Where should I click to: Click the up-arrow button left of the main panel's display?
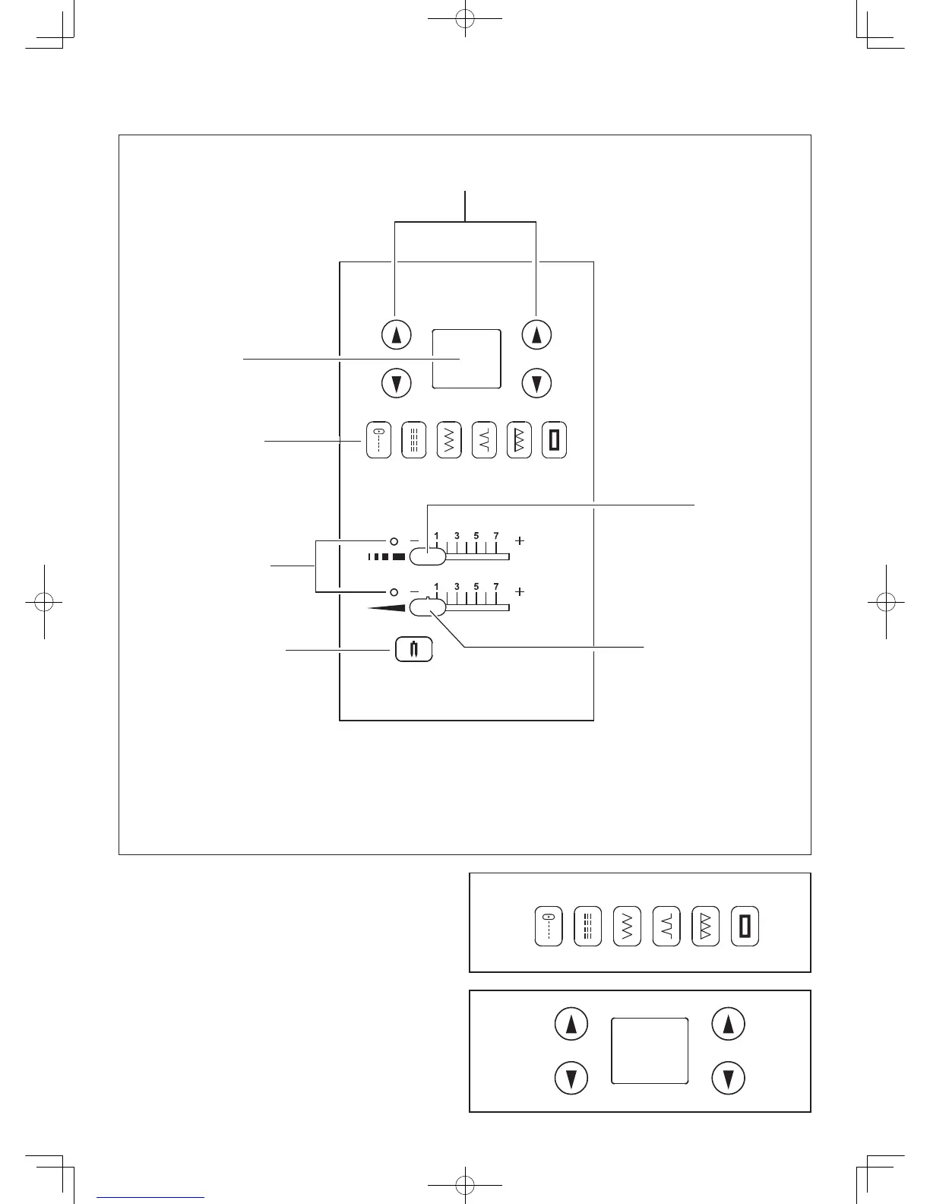396,334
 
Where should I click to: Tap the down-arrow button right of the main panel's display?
536,383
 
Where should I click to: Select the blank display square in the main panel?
467,359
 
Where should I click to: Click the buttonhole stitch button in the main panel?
555,440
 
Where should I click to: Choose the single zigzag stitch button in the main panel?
449,440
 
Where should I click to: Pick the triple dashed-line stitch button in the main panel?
414,440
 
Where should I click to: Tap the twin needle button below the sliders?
414,649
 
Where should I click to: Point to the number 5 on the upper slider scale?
476,536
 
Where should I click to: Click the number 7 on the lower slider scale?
496,586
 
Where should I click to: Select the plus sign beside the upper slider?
520,541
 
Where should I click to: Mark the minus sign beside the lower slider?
415,591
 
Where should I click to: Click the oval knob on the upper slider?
427,557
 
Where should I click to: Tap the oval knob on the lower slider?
427,607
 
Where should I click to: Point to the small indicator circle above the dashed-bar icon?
394,541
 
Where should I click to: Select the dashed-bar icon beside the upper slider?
386,557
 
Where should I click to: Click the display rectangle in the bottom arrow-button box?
650,1050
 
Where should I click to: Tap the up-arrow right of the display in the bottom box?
729,1025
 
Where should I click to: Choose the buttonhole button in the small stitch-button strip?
745,926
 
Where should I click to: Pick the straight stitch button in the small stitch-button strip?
549,926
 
